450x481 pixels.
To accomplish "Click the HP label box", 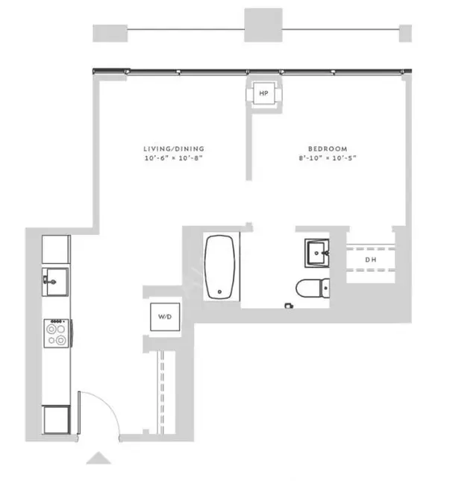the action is click(x=263, y=93).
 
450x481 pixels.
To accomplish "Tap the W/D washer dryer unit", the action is click(x=165, y=317).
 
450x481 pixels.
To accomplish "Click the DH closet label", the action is click(x=370, y=260).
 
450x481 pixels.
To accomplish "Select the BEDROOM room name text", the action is click(x=328, y=149).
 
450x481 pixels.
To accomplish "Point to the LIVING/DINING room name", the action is click(x=174, y=149).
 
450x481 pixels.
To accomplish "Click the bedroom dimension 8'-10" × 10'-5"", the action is click(x=328, y=158).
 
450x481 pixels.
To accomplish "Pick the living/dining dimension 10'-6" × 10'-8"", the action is click(x=174, y=158).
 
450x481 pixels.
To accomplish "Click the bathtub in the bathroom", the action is click(x=219, y=267).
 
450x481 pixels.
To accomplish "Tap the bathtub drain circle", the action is click(x=219, y=292).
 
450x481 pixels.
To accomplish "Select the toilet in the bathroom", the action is click(x=313, y=288).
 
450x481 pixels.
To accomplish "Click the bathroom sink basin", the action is click(x=316, y=253).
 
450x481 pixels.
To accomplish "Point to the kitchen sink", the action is click(x=55, y=282).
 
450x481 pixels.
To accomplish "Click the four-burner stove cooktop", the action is click(x=57, y=333).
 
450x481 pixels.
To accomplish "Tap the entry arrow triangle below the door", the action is click(x=99, y=458).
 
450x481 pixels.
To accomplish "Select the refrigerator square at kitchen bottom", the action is click(x=56, y=420).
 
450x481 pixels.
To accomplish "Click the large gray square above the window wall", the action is click(x=263, y=25).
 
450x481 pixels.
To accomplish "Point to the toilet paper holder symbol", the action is click(x=289, y=306).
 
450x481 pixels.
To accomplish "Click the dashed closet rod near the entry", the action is click(x=162, y=392).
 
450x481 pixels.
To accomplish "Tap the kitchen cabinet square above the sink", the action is click(x=56, y=249).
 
